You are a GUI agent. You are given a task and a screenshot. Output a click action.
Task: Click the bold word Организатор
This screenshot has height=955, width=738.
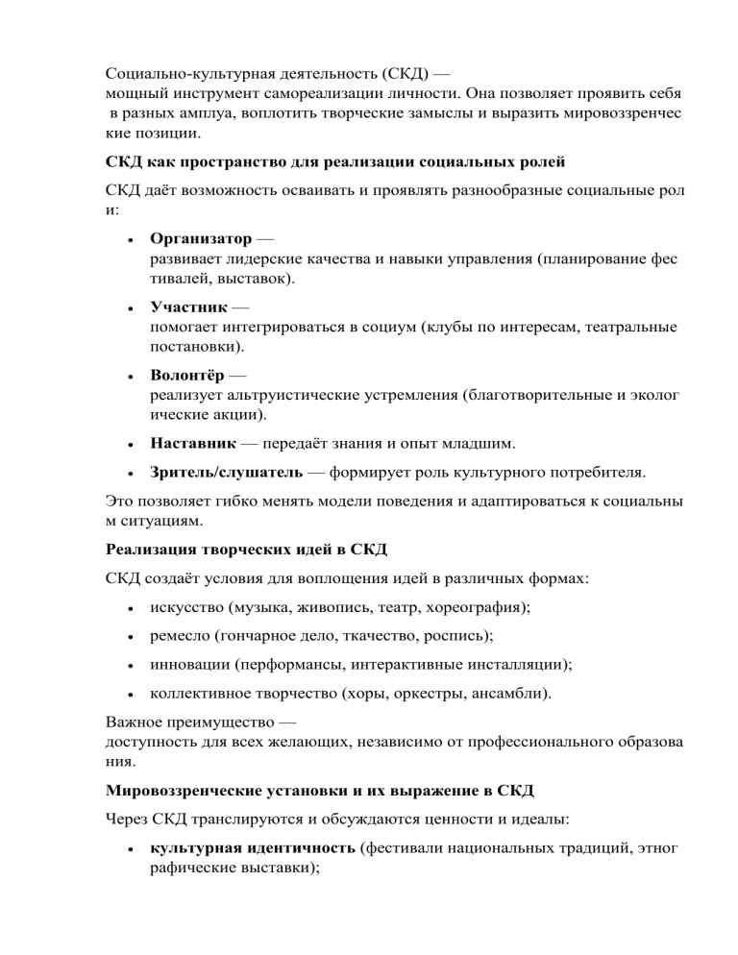click(x=201, y=238)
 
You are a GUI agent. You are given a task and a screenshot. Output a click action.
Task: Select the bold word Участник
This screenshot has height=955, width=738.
click(x=188, y=307)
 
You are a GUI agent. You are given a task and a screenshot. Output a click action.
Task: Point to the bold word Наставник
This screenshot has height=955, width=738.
click(x=195, y=446)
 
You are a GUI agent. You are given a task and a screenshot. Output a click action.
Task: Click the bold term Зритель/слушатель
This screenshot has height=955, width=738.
click(x=228, y=473)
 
